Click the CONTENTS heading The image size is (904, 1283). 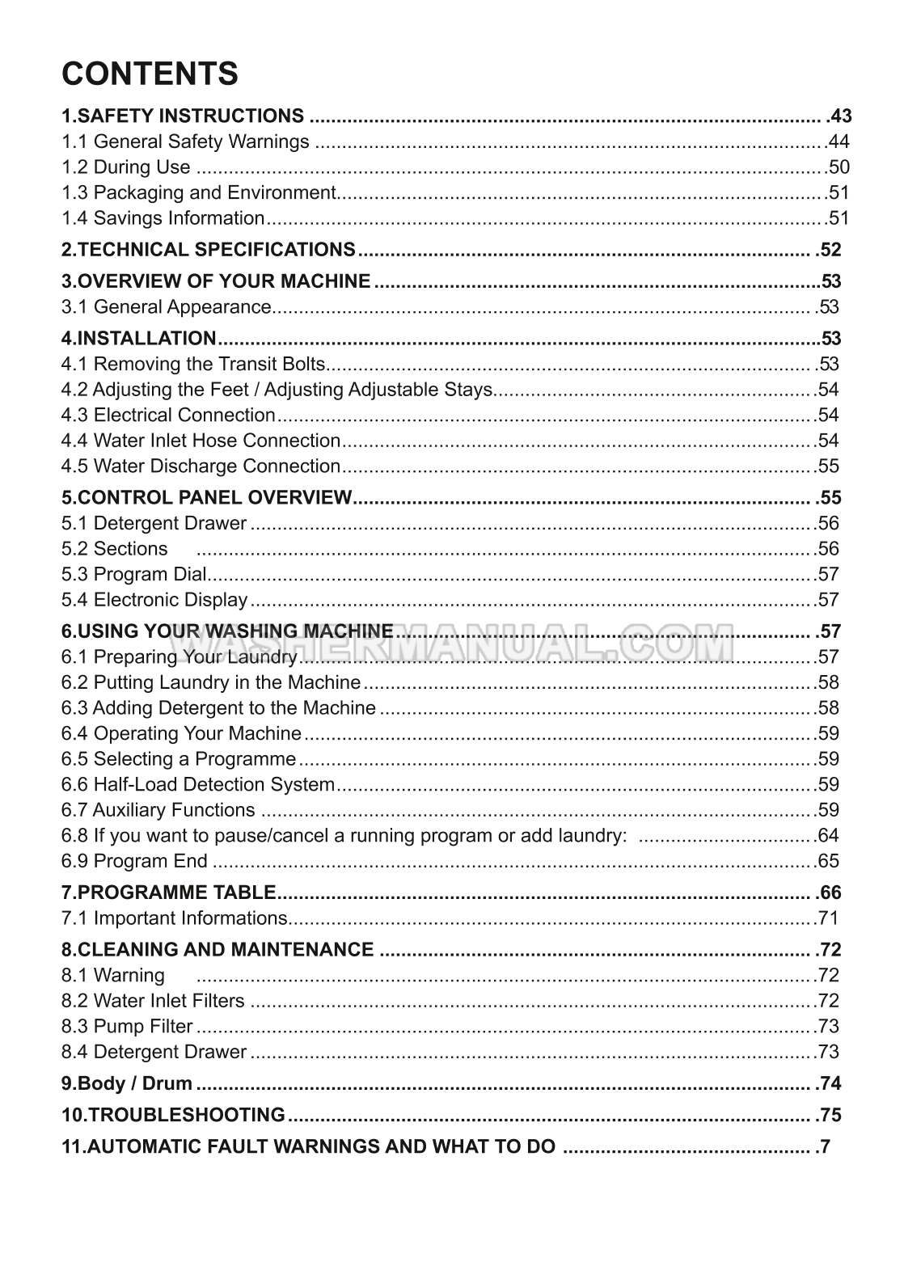(x=150, y=74)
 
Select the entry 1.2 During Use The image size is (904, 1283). (x=126, y=167)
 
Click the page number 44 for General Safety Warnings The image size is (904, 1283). (x=839, y=142)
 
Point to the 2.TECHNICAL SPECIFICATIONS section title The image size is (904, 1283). (x=209, y=250)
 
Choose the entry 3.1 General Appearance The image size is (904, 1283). (x=166, y=307)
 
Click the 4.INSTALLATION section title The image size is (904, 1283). (x=139, y=339)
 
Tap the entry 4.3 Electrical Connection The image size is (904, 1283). (x=168, y=416)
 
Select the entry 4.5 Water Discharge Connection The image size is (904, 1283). (x=201, y=466)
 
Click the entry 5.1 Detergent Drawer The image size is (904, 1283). (x=154, y=524)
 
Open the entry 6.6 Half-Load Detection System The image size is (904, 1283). (x=197, y=785)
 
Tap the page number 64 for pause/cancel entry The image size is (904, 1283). (x=829, y=836)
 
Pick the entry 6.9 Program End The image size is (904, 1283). (x=134, y=862)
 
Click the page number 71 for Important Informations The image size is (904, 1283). (x=829, y=918)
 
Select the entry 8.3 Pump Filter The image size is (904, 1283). (x=127, y=1027)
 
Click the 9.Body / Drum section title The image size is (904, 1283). (x=127, y=1084)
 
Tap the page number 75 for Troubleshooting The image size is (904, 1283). (x=830, y=1116)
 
